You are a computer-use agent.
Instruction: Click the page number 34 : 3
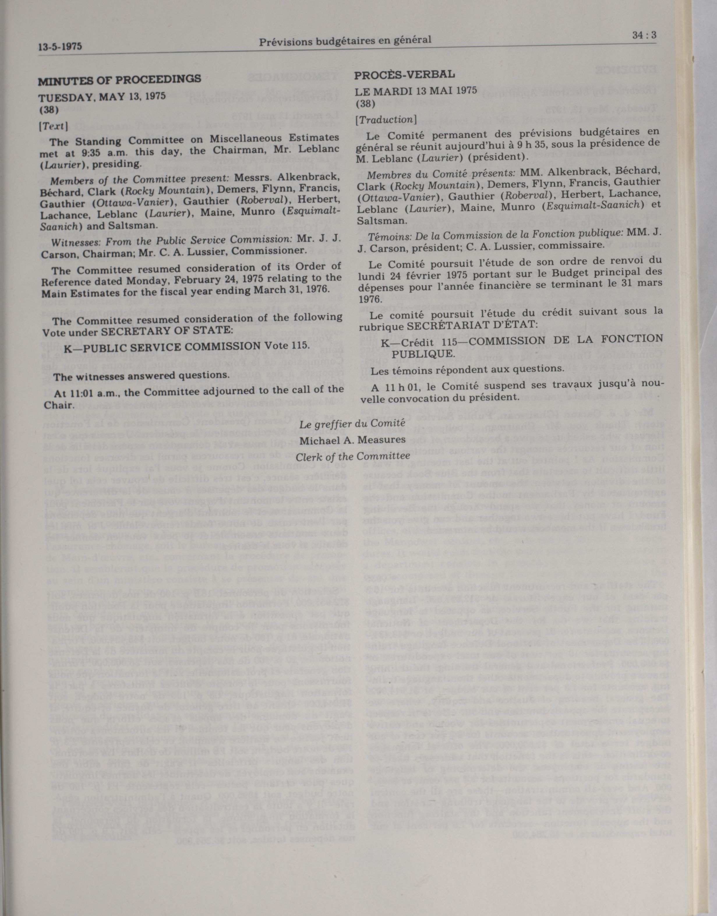(644, 36)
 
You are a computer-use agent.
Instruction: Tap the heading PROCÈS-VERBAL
(404, 75)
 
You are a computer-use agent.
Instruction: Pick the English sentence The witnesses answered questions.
(142, 376)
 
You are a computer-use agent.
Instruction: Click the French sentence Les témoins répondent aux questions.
(460, 369)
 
